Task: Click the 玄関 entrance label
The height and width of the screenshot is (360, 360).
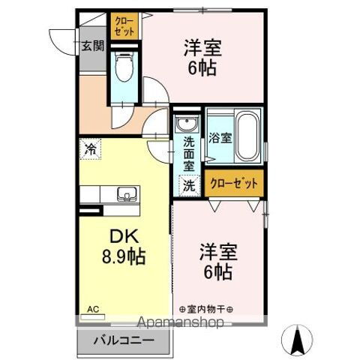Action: [92, 45]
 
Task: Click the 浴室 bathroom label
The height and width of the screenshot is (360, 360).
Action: [220, 138]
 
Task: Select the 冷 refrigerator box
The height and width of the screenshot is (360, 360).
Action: [90, 148]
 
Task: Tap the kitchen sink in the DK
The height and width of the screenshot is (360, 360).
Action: [127, 196]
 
